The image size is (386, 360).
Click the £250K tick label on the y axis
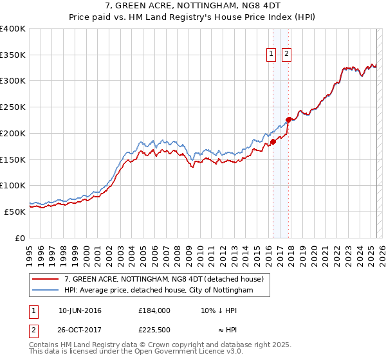12,107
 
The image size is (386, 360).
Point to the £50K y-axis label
14,212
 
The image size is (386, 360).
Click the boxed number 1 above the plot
271,54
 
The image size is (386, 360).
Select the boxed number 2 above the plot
286,54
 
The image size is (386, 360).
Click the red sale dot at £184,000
273,141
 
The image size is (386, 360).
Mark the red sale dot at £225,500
289,120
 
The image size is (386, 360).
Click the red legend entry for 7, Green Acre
163,280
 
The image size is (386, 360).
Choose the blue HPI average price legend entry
158,291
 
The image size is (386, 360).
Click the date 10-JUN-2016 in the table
80,310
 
